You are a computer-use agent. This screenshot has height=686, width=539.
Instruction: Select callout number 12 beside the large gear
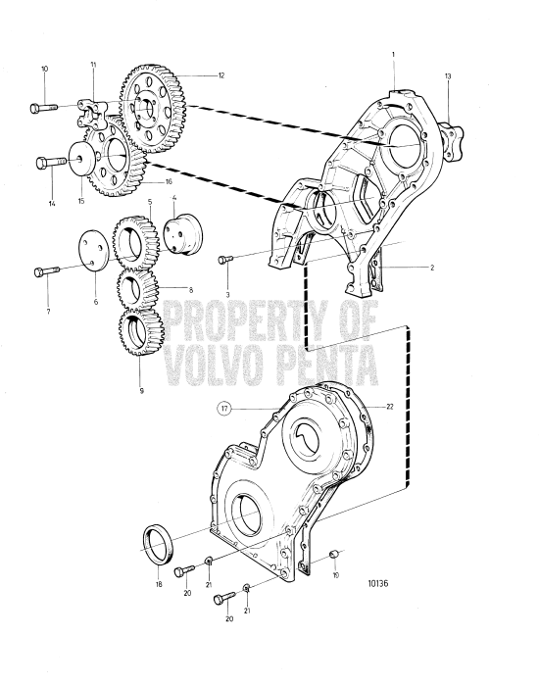[221, 75]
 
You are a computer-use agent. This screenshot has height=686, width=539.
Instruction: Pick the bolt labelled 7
[45, 270]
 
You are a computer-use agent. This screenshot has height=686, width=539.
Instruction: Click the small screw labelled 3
[225, 259]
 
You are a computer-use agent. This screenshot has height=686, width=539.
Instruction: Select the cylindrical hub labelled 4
[179, 236]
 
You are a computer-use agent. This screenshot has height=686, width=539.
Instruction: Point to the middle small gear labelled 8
[137, 288]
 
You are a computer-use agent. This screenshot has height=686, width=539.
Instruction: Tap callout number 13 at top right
[448, 75]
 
